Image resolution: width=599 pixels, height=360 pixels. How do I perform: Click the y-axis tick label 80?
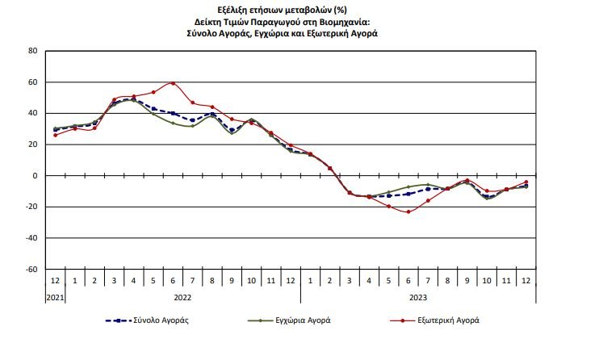tap(33, 51)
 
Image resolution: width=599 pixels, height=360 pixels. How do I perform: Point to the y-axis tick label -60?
tap(31, 269)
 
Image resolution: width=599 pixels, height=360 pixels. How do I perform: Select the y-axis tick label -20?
tap(31, 207)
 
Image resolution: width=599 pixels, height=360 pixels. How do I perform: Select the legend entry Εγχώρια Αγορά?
tap(302, 320)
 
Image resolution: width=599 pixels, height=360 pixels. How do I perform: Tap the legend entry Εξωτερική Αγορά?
tap(449, 320)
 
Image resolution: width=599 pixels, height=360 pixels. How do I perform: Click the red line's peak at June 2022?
tap(173, 83)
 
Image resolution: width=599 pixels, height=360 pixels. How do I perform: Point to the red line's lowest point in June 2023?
tap(408, 211)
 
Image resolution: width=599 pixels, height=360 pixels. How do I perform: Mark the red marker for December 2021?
tap(55, 135)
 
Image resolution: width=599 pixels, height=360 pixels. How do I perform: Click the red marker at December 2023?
tap(526, 182)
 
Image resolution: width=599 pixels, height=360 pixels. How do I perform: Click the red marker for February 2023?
tap(329, 168)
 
